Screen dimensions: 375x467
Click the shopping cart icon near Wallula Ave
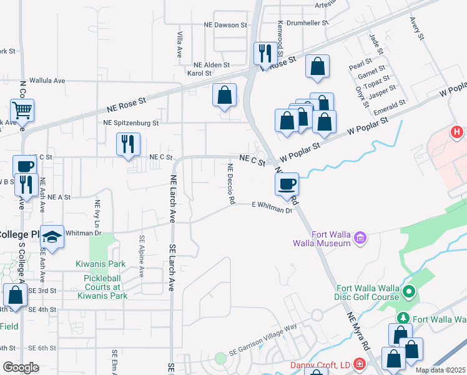click(x=22, y=111)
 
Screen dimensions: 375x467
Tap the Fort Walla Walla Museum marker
click(x=360, y=237)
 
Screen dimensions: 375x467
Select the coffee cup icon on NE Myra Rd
click(x=287, y=184)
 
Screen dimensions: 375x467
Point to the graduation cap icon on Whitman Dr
click(x=52, y=237)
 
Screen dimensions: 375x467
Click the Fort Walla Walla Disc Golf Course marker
click(x=410, y=292)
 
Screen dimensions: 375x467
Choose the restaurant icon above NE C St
click(x=128, y=144)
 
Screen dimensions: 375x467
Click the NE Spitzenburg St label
click(x=131, y=122)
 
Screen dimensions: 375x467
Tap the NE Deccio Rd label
click(x=230, y=184)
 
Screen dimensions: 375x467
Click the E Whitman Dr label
click(x=272, y=207)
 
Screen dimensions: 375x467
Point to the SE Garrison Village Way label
click(x=262, y=339)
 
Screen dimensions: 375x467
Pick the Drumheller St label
click(x=307, y=22)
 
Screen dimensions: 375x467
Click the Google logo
click(x=21, y=367)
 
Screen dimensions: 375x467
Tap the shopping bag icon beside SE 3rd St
click(x=15, y=294)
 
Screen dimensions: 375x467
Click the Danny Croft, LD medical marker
click(x=359, y=364)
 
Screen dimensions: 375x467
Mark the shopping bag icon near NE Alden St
click(x=224, y=95)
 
